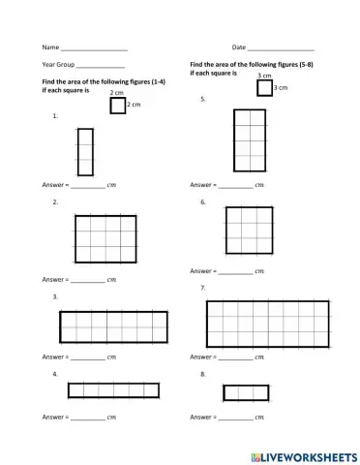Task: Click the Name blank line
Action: [93, 48]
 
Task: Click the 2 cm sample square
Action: [118, 105]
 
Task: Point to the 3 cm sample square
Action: [265, 88]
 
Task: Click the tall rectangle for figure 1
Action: [85, 151]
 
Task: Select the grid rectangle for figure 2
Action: [105, 238]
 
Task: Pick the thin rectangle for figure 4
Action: [113, 389]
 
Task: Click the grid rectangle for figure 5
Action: [250, 139]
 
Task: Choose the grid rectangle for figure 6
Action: [249, 230]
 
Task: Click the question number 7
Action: [202, 289]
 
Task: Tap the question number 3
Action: [55, 297]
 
